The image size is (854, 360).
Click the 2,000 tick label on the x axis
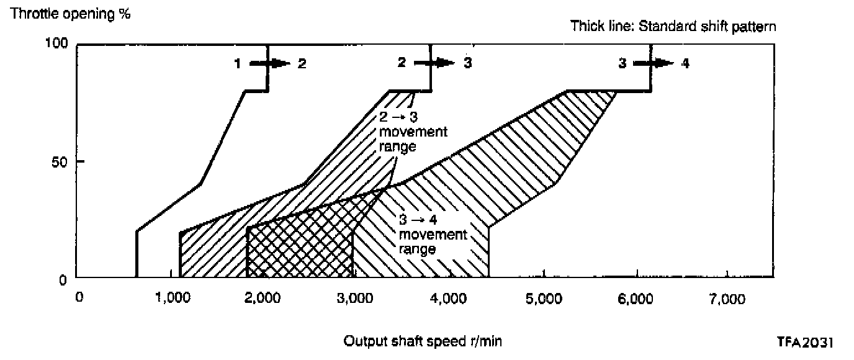tap(263, 299)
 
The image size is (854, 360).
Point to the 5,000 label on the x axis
tap(542, 299)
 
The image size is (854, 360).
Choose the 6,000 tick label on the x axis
tap(635, 299)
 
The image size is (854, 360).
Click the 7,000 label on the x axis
tap(727, 299)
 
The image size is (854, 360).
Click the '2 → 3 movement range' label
tap(413, 132)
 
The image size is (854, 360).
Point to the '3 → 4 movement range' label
tap(433, 235)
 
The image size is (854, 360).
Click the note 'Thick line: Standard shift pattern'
tap(673, 27)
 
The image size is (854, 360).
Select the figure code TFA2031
tap(804, 341)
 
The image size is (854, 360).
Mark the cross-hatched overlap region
tap(300, 248)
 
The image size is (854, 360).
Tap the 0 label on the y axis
tap(63, 281)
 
